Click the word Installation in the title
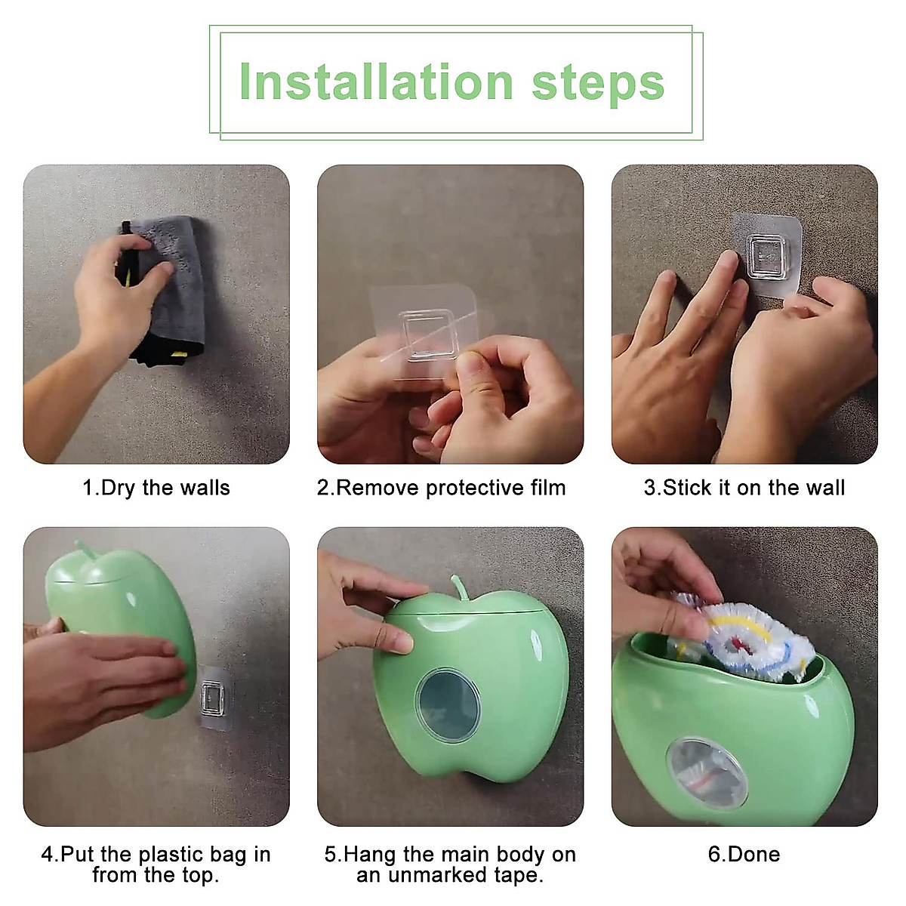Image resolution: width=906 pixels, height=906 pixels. [x=375, y=82]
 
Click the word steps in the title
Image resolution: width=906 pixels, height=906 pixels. [x=598, y=85]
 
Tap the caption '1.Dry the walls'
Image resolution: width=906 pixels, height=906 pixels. [x=156, y=488]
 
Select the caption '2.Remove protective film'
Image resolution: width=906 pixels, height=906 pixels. [x=441, y=488]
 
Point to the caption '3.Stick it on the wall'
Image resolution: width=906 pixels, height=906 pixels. [x=744, y=488]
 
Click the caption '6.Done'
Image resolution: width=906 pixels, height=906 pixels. [x=744, y=854]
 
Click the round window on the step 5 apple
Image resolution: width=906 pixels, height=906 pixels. [x=449, y=705]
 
